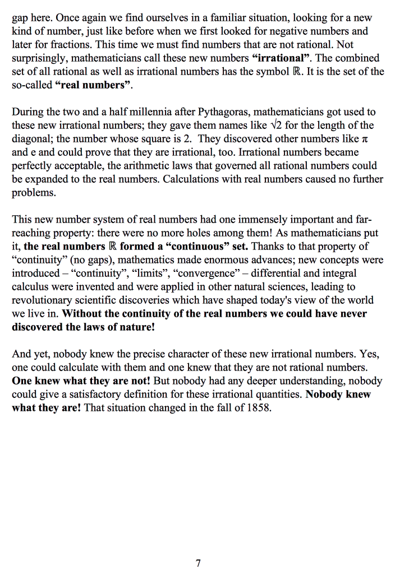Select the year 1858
(x=259, y=408)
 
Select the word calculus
(x=30, y=286)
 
